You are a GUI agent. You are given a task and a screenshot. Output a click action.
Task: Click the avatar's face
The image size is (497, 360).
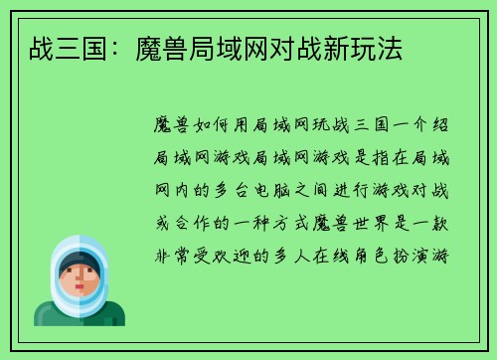pyautogui.click(x=80, y=280)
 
